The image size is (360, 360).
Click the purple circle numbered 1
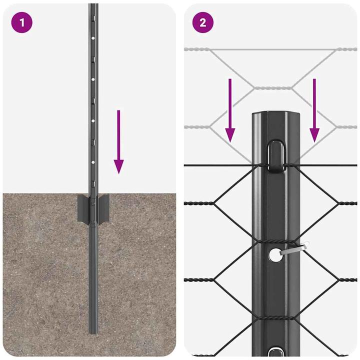coord(21,22)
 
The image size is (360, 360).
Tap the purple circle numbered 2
coord(202,22)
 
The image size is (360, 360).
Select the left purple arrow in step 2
coord(229,110)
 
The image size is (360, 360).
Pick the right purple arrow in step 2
coord(314,110)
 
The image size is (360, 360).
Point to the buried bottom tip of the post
coord(93,330)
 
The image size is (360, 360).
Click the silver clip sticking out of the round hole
coord(295,248)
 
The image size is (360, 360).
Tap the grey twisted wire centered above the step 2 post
coord(275,88)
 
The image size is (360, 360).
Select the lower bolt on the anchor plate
coord(93,221)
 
